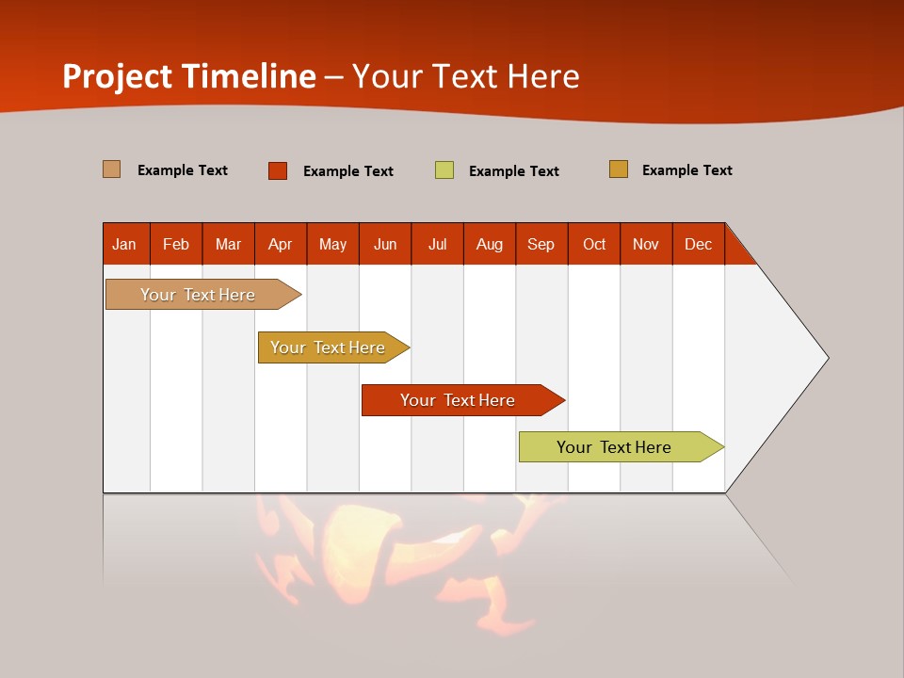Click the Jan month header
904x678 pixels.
coord(125,244)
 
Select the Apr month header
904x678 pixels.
coord(281,244)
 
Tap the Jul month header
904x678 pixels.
coord(437,244)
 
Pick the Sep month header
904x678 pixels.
coord(541,244)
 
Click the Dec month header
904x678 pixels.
coord(698,244)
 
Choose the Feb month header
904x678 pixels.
coord(176,244)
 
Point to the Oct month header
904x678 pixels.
coord(594,244)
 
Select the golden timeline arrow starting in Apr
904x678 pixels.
coord(330,347)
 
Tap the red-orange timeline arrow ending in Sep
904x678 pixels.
coord(459,400)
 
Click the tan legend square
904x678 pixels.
coord(112,169)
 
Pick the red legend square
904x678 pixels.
coord(278,170)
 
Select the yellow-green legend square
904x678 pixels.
coord(444,170)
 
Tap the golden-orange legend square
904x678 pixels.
coord(619,169)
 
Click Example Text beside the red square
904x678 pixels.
coord(347,171)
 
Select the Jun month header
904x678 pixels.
coord(385,244)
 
